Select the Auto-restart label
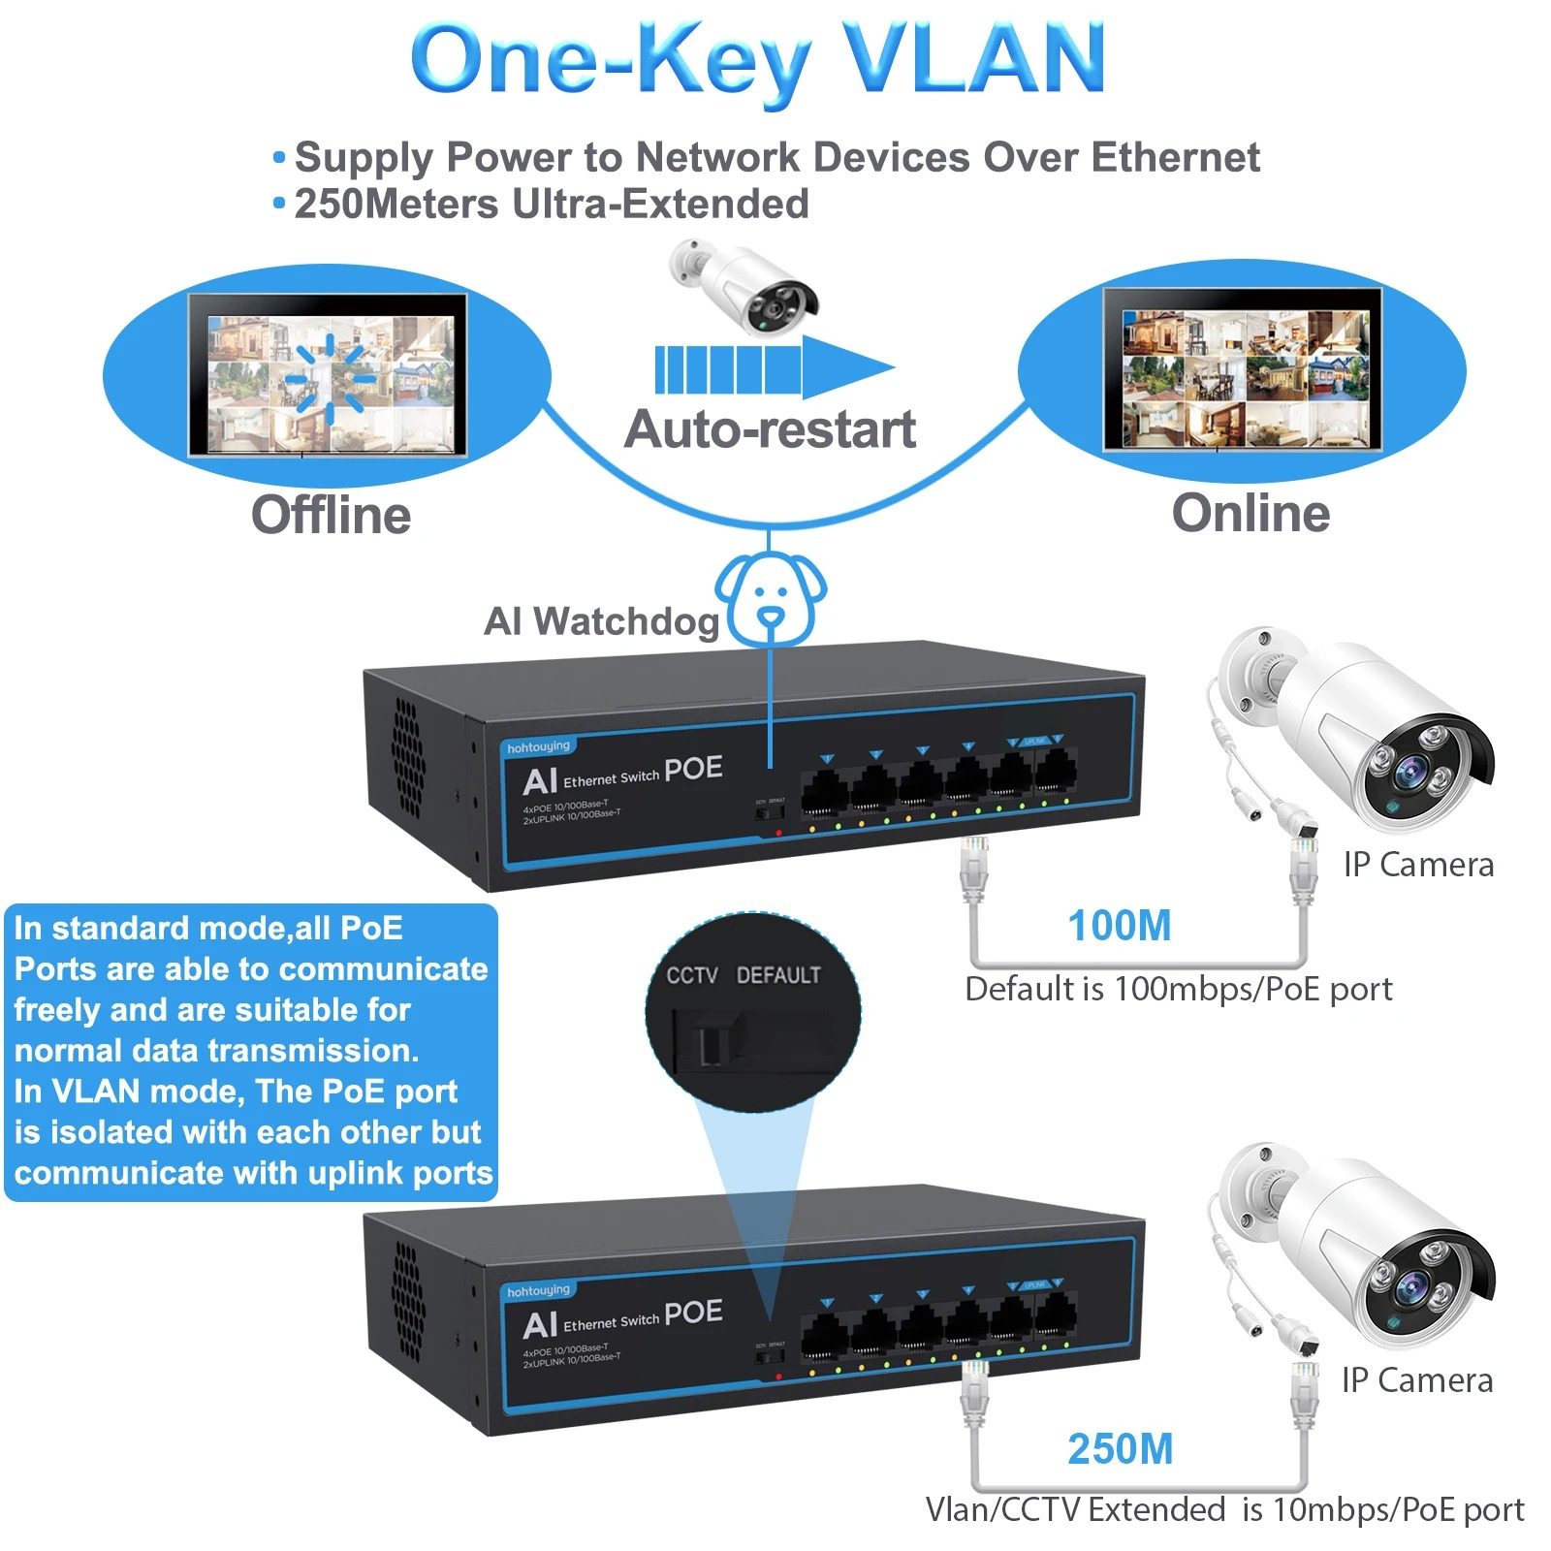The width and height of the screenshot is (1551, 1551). pyautogui.click(x=770, y=429)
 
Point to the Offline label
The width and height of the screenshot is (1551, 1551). pyautogui.click(x=331, y=515)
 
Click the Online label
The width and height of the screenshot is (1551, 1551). pyautogui.click(x=1250, y=513)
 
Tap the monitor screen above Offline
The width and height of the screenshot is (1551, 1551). pyautogui.click(x=328, y=375)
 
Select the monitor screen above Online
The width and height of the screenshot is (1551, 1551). pyautogui.click(x=1243, y=369)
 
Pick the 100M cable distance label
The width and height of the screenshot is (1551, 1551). pyautogui.click(x=1120, y=926)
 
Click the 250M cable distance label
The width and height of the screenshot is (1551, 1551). pyautogui.click(x=1120, y=1449)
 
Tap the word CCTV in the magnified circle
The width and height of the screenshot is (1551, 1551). pyautogui.click(x=691, y=975)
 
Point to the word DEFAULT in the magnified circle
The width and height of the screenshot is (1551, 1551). pyautogui.click(x=778, y=975)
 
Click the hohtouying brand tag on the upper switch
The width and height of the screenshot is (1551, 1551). pyautogui.click(x=539, y=747)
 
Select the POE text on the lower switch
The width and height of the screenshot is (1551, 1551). pyautogui.click(x=693, y=1313)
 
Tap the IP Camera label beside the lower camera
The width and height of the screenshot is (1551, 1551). pyautogui.click(x=1417, y=1380)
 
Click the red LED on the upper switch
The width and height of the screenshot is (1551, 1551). pyautogui.click(x=778, y=833)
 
